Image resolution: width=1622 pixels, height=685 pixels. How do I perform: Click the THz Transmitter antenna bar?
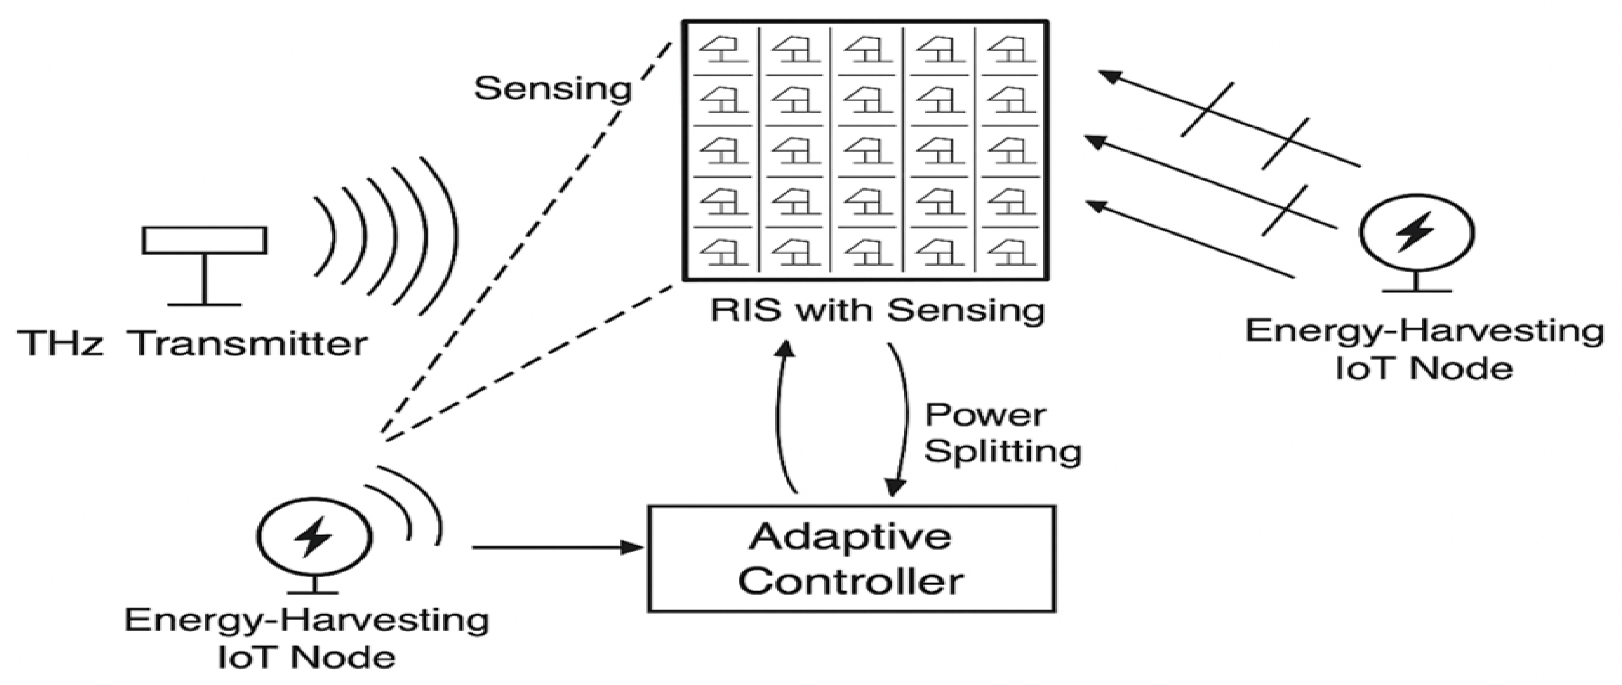coord(204,240)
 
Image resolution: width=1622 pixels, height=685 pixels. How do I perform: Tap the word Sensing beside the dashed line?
coord(553,89)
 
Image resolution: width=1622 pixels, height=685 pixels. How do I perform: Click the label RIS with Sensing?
coord(877,311)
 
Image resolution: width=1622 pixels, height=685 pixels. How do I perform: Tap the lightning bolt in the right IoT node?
coord(1415,231)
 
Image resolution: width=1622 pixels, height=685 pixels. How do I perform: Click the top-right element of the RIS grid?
coord(1011,51)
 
